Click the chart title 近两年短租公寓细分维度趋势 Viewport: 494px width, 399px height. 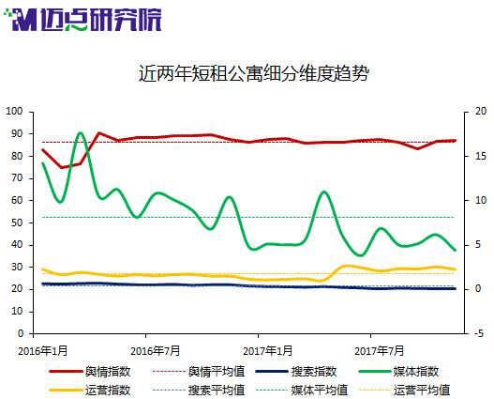pyautogui.click(x=254, y=74)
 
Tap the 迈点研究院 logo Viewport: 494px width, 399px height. pyautogui.click(x=82, y=20)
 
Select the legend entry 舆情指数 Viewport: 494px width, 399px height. pyautogui.click(x=90, y=372)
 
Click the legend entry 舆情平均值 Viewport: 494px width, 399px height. pyautogui.click(x=199, y=372)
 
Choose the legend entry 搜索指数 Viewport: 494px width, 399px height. pyautogui.click(x=296, y=372)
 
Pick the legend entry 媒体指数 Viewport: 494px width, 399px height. pyautogui.click(x=398, y=372)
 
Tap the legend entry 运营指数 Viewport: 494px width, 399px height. pyautogui.click(x=90, y=391)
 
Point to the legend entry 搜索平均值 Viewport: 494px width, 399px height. pyautogui.click(x=199, y=391)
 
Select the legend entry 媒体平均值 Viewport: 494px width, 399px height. pyautogui.click(x=302, y=391)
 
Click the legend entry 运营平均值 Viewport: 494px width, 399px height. pyautogui.click(x=405, y=391)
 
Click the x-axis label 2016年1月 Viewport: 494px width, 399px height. pyautogui.click(x=43, y=351)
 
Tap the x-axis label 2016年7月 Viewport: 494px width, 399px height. pyautogui.click(x=156, y=351)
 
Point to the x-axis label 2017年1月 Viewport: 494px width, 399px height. pyautogui.click(x=268, y=351)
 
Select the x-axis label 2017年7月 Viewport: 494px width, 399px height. pyautogui.click(x=380, y=351)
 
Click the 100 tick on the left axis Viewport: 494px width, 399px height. pyautogui.click(x=14, y=112)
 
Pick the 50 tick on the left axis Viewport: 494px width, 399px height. pyautogui.click(x=17, y=223)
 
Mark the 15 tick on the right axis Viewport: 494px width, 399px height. pyautogui.click(x=481, y=156)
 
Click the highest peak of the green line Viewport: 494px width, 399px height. pyautogui.click(x=80, y=132)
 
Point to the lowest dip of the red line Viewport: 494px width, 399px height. pyautogui.click(x=62, y=167)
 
